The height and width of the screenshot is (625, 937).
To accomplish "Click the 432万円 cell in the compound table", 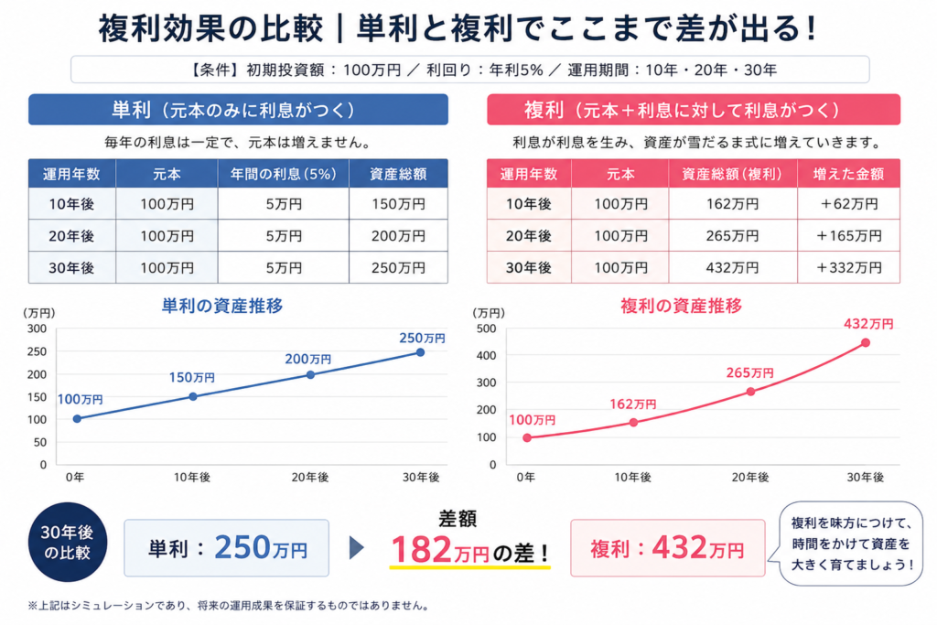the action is (732, 268).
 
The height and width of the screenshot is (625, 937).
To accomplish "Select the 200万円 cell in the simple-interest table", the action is (398, 236).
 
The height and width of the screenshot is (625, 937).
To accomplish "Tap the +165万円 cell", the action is (848, 236).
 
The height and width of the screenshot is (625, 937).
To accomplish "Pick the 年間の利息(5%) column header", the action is (284, 174).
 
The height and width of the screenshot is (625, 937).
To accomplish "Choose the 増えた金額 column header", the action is (848, 174).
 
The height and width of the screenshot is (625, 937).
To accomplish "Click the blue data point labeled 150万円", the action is (193, 396).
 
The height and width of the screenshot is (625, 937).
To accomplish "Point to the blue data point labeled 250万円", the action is (421, 352).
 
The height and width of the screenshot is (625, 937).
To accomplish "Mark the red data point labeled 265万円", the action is (750, 392).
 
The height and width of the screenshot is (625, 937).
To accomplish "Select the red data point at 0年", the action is (526, 438).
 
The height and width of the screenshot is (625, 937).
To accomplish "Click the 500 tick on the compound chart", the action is (486, 329).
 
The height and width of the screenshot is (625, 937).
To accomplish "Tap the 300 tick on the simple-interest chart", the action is (37, 329).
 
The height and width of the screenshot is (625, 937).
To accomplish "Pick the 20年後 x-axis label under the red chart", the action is (750, 477).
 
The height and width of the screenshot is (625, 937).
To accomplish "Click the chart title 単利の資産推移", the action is (222, 306).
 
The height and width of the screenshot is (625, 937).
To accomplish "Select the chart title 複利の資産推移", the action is (681, 306).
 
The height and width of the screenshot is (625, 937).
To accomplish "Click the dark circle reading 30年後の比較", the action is (68, 542).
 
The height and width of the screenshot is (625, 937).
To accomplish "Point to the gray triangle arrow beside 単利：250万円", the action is (356, 547).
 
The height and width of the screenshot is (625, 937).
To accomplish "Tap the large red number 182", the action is (421, 549).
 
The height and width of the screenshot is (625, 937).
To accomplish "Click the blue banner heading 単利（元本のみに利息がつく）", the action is (238, 109).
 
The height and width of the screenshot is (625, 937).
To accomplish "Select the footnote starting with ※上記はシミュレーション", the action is (230, 606).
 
